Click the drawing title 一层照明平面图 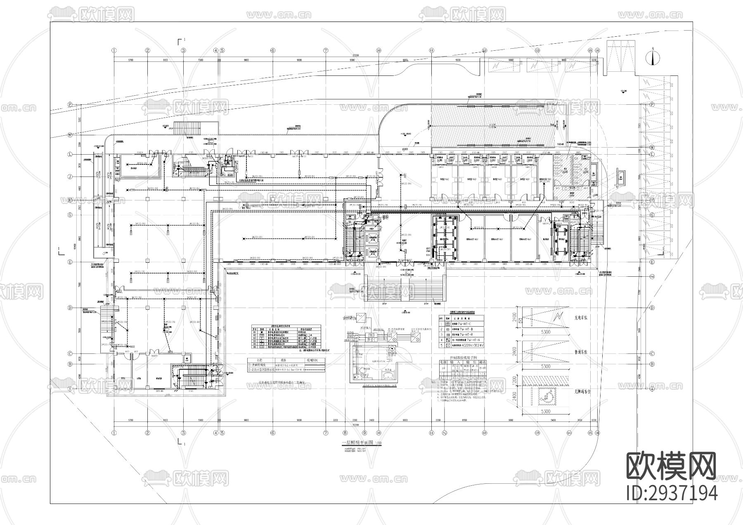pos(357,443)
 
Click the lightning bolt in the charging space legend pos(557,317)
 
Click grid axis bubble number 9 pos(364,433)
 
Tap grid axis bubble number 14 pos(570,433)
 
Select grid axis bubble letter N pos(70,135)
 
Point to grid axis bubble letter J pos(70,177)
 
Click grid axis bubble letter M pos(652,147)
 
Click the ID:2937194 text pos(672,493)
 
